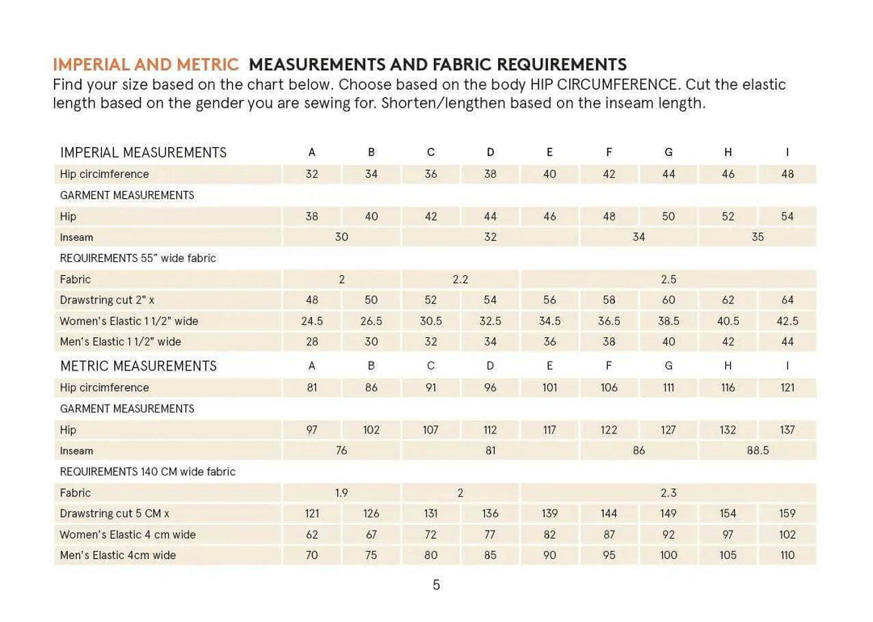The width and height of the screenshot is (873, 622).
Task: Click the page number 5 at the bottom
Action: pos(436,585)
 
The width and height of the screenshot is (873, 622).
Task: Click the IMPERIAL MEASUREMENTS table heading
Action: pos(143,153)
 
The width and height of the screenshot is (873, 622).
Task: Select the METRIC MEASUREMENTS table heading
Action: pos(138,366)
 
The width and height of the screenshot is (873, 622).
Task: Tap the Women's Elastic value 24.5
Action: pos(312,321)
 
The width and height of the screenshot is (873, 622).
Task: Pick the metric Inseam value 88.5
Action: pos(757,451)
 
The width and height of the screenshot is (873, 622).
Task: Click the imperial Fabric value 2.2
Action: pos(460,279)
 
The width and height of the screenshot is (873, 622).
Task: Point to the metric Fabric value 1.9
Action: pos(342,493)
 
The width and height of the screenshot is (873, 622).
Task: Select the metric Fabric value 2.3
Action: pos(668,493)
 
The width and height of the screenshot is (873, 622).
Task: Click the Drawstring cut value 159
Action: pos(787,514)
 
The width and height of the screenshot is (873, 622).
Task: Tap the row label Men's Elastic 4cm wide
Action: pos(118,556)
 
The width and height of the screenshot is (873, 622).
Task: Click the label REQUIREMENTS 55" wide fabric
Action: pos(138,258)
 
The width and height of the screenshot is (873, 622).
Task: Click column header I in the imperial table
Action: pos(787,152)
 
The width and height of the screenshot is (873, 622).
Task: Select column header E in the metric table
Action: pos(550,366)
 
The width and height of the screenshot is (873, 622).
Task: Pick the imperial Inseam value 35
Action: pos(757,237)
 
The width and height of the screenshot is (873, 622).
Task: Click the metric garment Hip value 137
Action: pos(787,429)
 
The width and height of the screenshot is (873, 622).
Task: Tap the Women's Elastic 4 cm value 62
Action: pos(312,535)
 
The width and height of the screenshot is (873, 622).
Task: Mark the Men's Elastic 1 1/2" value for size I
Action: pos(787,342)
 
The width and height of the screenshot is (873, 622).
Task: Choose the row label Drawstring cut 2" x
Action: pos(107,300)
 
